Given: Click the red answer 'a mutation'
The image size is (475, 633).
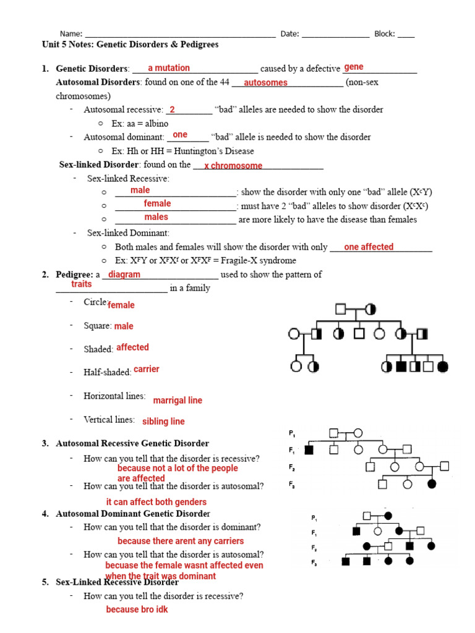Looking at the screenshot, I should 169,68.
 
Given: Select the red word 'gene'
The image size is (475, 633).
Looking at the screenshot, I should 354,67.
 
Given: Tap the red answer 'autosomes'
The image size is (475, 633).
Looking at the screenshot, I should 266,83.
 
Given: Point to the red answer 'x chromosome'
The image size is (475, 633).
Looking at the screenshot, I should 233,166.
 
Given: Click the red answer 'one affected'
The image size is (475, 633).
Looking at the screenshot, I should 369,247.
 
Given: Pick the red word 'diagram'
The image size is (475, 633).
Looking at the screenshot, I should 124,274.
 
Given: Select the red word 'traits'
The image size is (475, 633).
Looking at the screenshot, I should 82,284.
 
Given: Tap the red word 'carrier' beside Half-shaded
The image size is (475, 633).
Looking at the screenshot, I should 147,369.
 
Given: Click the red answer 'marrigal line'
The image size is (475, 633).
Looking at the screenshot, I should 178,401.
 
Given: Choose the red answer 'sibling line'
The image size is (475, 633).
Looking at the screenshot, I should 163,422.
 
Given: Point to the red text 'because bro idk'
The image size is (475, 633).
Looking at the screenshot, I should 137,610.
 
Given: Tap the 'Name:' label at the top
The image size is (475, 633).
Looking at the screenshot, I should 71,34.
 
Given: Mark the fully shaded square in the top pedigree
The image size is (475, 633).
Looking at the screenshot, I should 401,367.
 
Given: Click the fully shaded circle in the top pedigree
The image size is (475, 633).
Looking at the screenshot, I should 442,367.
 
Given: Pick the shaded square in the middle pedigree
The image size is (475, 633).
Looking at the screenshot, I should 309,449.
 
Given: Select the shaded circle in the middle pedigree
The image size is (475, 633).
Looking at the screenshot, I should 432,483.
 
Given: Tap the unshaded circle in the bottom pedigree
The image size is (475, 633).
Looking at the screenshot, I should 377,530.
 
